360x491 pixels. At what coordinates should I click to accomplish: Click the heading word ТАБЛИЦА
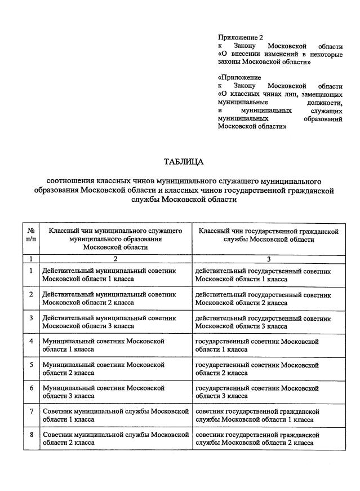tap(183, 162)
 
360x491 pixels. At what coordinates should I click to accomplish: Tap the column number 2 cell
tap(115, 259)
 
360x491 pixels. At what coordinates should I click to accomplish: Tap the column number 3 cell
tap(269, 259)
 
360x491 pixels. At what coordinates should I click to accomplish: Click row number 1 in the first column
tap(32, 271)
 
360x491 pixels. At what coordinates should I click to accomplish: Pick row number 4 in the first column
tap(32, 341)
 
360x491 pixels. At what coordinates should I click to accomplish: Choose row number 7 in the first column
tap(32, 412)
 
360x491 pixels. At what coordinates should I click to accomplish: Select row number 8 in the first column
tap(32, 435)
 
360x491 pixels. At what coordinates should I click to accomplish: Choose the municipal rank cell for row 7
tap(115, 415)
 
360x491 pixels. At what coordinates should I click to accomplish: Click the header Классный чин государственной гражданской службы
tap(268, 235)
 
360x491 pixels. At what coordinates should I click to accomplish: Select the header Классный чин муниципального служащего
tap(115, 238)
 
